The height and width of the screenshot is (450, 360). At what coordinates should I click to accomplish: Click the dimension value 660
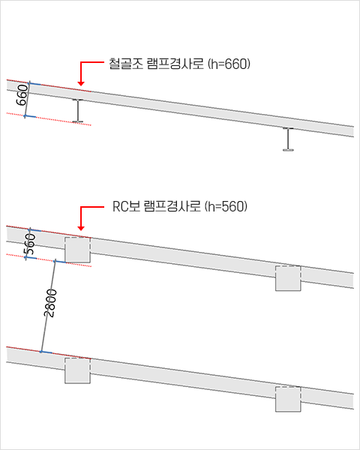point(22,95)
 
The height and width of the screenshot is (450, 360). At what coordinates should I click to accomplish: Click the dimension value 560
point(30,244)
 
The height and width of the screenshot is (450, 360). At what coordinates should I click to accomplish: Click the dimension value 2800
point(50,303)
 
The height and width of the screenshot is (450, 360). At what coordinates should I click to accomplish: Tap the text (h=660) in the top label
point(229,64)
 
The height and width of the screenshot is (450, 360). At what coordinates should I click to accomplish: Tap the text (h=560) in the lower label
point(226,207)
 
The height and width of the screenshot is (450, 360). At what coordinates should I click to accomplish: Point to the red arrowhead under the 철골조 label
point(81,83)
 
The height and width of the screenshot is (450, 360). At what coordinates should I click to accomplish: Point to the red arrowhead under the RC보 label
point(81,228)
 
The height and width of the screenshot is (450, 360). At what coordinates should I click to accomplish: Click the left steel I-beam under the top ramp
point(77,111)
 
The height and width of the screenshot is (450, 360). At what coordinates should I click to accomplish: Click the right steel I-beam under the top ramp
point(288,139)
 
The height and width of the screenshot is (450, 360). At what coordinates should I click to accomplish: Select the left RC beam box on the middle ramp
point(77,250)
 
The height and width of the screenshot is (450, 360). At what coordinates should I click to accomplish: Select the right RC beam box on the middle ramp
point(288,278)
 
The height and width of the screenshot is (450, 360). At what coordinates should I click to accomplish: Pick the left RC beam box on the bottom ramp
point(77,370)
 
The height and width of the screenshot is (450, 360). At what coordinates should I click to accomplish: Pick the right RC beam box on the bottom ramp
point(288,399)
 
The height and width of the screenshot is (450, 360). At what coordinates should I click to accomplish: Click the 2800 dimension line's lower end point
point(41,352)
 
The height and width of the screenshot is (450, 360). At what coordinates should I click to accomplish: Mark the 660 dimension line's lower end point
point(25,116)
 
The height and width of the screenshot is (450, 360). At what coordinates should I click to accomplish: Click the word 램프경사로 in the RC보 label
point(172,207)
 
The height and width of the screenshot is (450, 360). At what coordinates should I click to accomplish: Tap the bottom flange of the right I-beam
point(288,150)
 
